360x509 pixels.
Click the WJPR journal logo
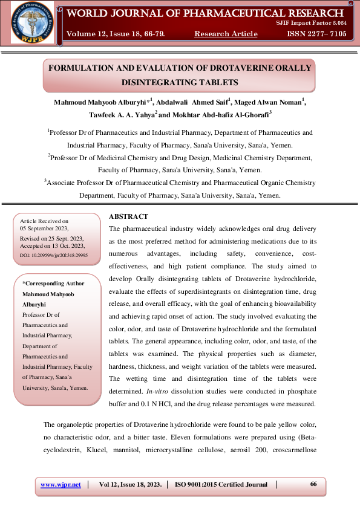(31, 22)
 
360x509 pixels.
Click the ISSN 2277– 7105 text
(317, 34)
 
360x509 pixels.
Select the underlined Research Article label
(226, 34)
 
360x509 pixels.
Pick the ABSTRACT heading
(128, 216)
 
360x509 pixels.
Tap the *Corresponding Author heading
(53, 283)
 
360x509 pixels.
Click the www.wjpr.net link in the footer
(61, 484)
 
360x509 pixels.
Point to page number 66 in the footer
(313, 484)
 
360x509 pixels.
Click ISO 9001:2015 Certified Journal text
(221, 484)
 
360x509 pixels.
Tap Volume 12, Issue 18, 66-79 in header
(116, 34)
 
